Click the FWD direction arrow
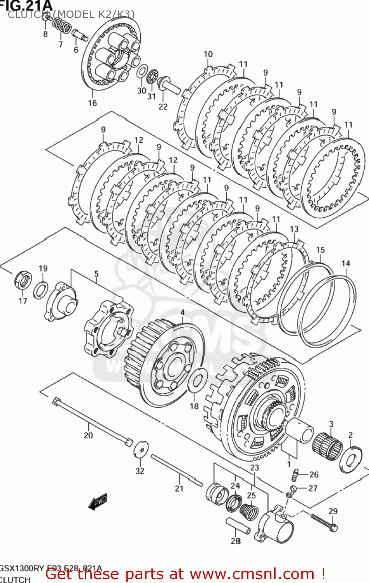point(98,502)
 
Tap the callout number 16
point(92,103)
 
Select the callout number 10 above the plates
point(208,54)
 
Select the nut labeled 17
point(23,279)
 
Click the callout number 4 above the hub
point(182,312)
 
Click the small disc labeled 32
point(141,449)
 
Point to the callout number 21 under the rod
point(179,489)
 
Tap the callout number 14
point(346,264)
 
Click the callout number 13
point(294,229)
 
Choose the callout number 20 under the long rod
point(88,435)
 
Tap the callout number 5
point(96,274)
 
